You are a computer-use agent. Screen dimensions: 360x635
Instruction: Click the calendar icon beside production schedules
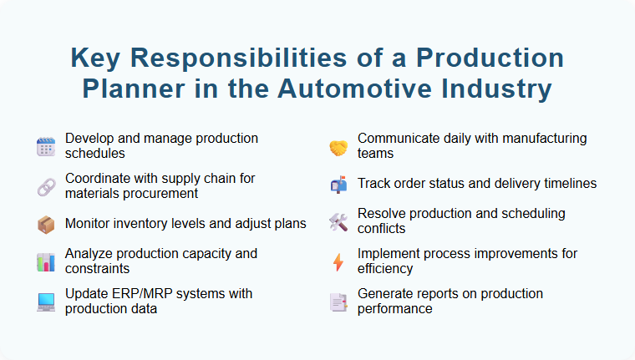pos(45,147)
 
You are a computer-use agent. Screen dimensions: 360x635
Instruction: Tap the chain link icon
pos(45,186)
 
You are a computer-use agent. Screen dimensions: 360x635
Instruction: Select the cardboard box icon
pos(45,224)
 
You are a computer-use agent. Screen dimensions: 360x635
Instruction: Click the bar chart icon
pos(45,261)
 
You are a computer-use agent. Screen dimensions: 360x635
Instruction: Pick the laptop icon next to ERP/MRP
pos(45,302)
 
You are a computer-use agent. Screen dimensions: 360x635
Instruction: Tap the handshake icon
pos(338,147)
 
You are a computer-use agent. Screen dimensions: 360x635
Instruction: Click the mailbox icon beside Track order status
pos(338,185)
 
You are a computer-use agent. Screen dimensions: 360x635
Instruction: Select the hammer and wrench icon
pos(338,222)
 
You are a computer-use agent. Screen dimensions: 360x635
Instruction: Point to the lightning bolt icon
pos(338,261)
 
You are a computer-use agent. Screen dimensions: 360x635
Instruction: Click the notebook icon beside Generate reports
pos(338,302)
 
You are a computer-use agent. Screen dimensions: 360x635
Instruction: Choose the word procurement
pos(159,194)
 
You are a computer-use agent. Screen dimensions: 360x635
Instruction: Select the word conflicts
pos(381,229)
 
